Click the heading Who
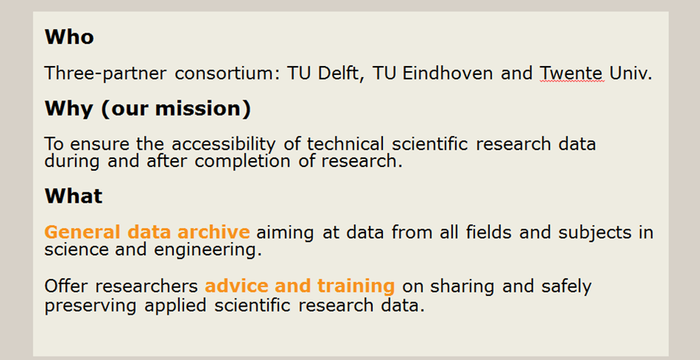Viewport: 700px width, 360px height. click(x=69, y=36)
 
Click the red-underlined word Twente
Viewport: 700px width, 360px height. click(x=572, y=73)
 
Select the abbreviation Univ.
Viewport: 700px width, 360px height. click(x=630, y=73)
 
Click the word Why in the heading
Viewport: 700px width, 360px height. click(x=69, y=108)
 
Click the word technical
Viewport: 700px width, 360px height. click(x=345, y=144)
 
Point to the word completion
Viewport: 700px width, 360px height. click(x=243, y=161)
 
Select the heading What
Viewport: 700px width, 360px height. click(x=73, y=196)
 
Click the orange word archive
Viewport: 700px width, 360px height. click(x=213, y=232)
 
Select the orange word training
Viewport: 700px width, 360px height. click(x=356, y=286)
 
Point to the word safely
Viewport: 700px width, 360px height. click(x=566, y=286)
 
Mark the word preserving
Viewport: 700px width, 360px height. click(x=90, y=306)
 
